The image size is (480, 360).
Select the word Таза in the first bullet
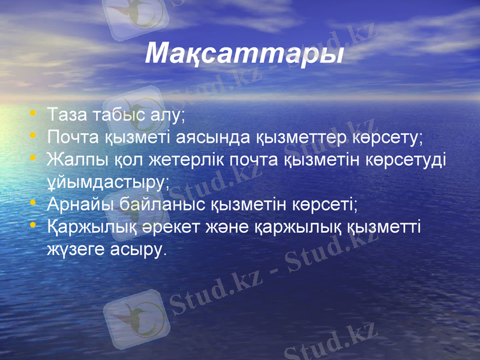click(x=67, y=114)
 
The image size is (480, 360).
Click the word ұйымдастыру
click(x=108, y=182)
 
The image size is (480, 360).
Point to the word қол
click(x=114, y=160)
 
